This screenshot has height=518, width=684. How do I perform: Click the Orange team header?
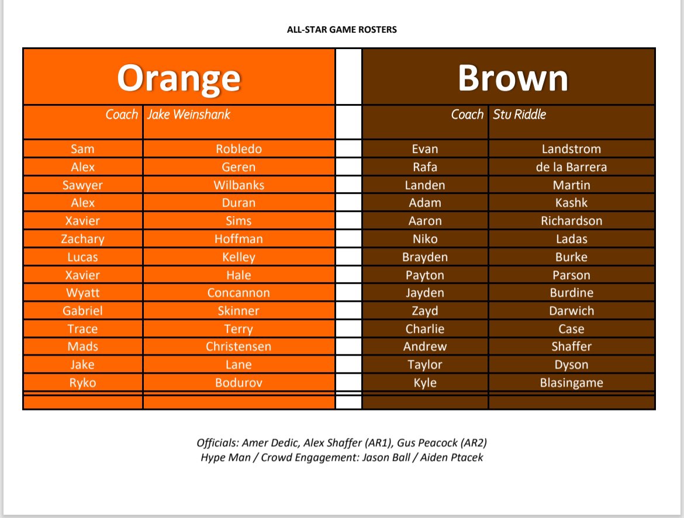tap(179, 78)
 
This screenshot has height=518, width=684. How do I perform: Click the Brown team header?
tap(513, 78)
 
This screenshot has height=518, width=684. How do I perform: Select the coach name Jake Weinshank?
tap(188, 114)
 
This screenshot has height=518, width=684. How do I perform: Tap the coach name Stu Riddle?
tap(519, 114)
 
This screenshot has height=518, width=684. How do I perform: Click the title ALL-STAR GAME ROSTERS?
tap(341, 29)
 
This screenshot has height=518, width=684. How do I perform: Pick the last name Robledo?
tap(239, 149)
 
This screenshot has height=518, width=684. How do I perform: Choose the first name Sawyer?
tap(82, 185)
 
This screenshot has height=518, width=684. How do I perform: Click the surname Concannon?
tap(239, 293)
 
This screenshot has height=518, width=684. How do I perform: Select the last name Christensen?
tap(239, 346)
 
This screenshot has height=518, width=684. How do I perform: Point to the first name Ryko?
tap(82, 383)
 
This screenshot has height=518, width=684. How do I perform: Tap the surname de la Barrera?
tap(571, 167)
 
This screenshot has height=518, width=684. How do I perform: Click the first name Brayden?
tap(425, 257)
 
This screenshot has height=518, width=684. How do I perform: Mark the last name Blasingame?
tap(571, 383)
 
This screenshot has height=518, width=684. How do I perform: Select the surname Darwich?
tap(571, 311)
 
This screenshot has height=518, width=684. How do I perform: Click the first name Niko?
tap(425, 239)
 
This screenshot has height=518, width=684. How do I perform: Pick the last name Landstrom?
tap(571, 149)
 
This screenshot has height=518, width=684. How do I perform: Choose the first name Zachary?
tap(82, 239)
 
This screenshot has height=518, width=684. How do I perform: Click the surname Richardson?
tap(571, 221)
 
